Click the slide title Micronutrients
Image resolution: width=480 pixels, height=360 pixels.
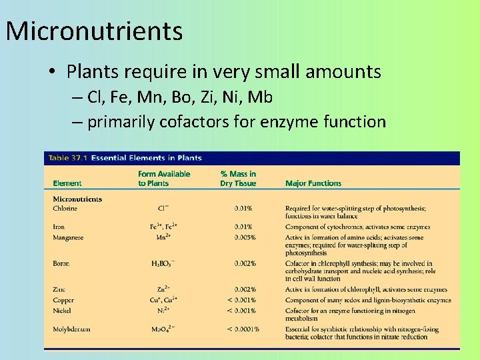click(x=94, y=31)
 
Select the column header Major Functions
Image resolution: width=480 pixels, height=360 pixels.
click(x=313, y=183)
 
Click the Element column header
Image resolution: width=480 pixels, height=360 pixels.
click(x=67, y=183)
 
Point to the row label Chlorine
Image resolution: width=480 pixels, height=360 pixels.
click(x=65, y=209)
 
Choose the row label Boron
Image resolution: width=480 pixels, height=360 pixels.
click(x=61, y=263)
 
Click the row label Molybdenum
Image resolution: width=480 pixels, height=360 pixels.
click(x=71, y=329)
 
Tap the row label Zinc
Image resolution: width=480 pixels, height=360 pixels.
click(x=60, y=289)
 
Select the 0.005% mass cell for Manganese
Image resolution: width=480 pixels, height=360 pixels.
click(x=245, y=237)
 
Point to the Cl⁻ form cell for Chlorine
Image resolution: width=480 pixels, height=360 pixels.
click(x=160, y=209)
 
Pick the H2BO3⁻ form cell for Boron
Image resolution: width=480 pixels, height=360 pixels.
click(x=163, y=264)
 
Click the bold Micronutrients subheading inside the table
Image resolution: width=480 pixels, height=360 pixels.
click(x=77, y=199)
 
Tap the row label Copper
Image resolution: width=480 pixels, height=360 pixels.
click(x=63, y=300)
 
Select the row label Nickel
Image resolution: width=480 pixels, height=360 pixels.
click(x=63, y=311)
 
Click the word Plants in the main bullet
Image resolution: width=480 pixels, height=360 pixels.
click(x=91, y=72)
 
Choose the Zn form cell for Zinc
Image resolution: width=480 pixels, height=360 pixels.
click(x=161, y=289)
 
